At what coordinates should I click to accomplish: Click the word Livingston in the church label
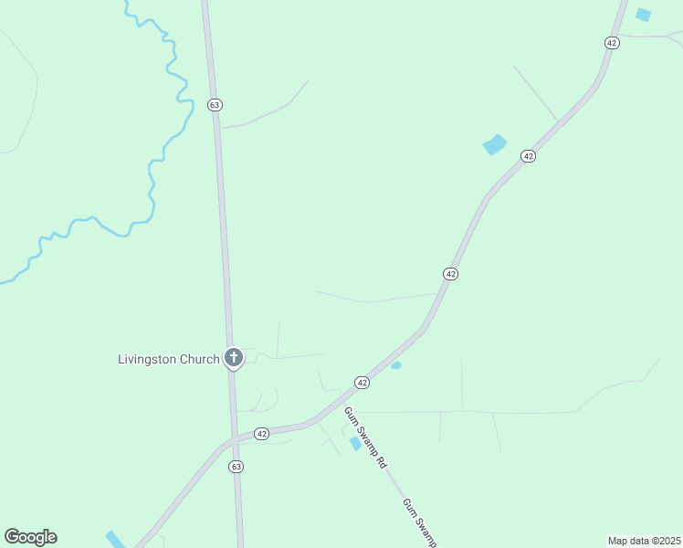tap(148, 359)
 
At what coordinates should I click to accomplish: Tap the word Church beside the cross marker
tap(199, 359)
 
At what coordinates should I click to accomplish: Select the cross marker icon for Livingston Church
tap(234, 357)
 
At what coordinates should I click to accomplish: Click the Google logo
tap(30, 537)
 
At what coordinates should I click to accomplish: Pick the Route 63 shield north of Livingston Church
tap(215, 105)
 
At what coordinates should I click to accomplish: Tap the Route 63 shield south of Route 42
tap(236, 466)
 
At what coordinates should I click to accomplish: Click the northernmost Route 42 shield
tap(612, 43)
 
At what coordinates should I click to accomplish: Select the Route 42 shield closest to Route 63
tap(262, 434)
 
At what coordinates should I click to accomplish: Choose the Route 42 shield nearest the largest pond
tap(528, 157)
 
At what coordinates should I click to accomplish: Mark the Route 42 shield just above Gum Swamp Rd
tap(363, 383)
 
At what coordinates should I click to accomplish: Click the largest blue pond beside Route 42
tap(494, 144)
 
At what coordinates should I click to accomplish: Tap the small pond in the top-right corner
tap(644, 15)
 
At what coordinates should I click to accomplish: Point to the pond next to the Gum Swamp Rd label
tap(355, 443)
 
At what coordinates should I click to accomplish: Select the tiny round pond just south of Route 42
tap(396, 365)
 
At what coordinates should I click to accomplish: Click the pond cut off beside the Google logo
tap(115, 539)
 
